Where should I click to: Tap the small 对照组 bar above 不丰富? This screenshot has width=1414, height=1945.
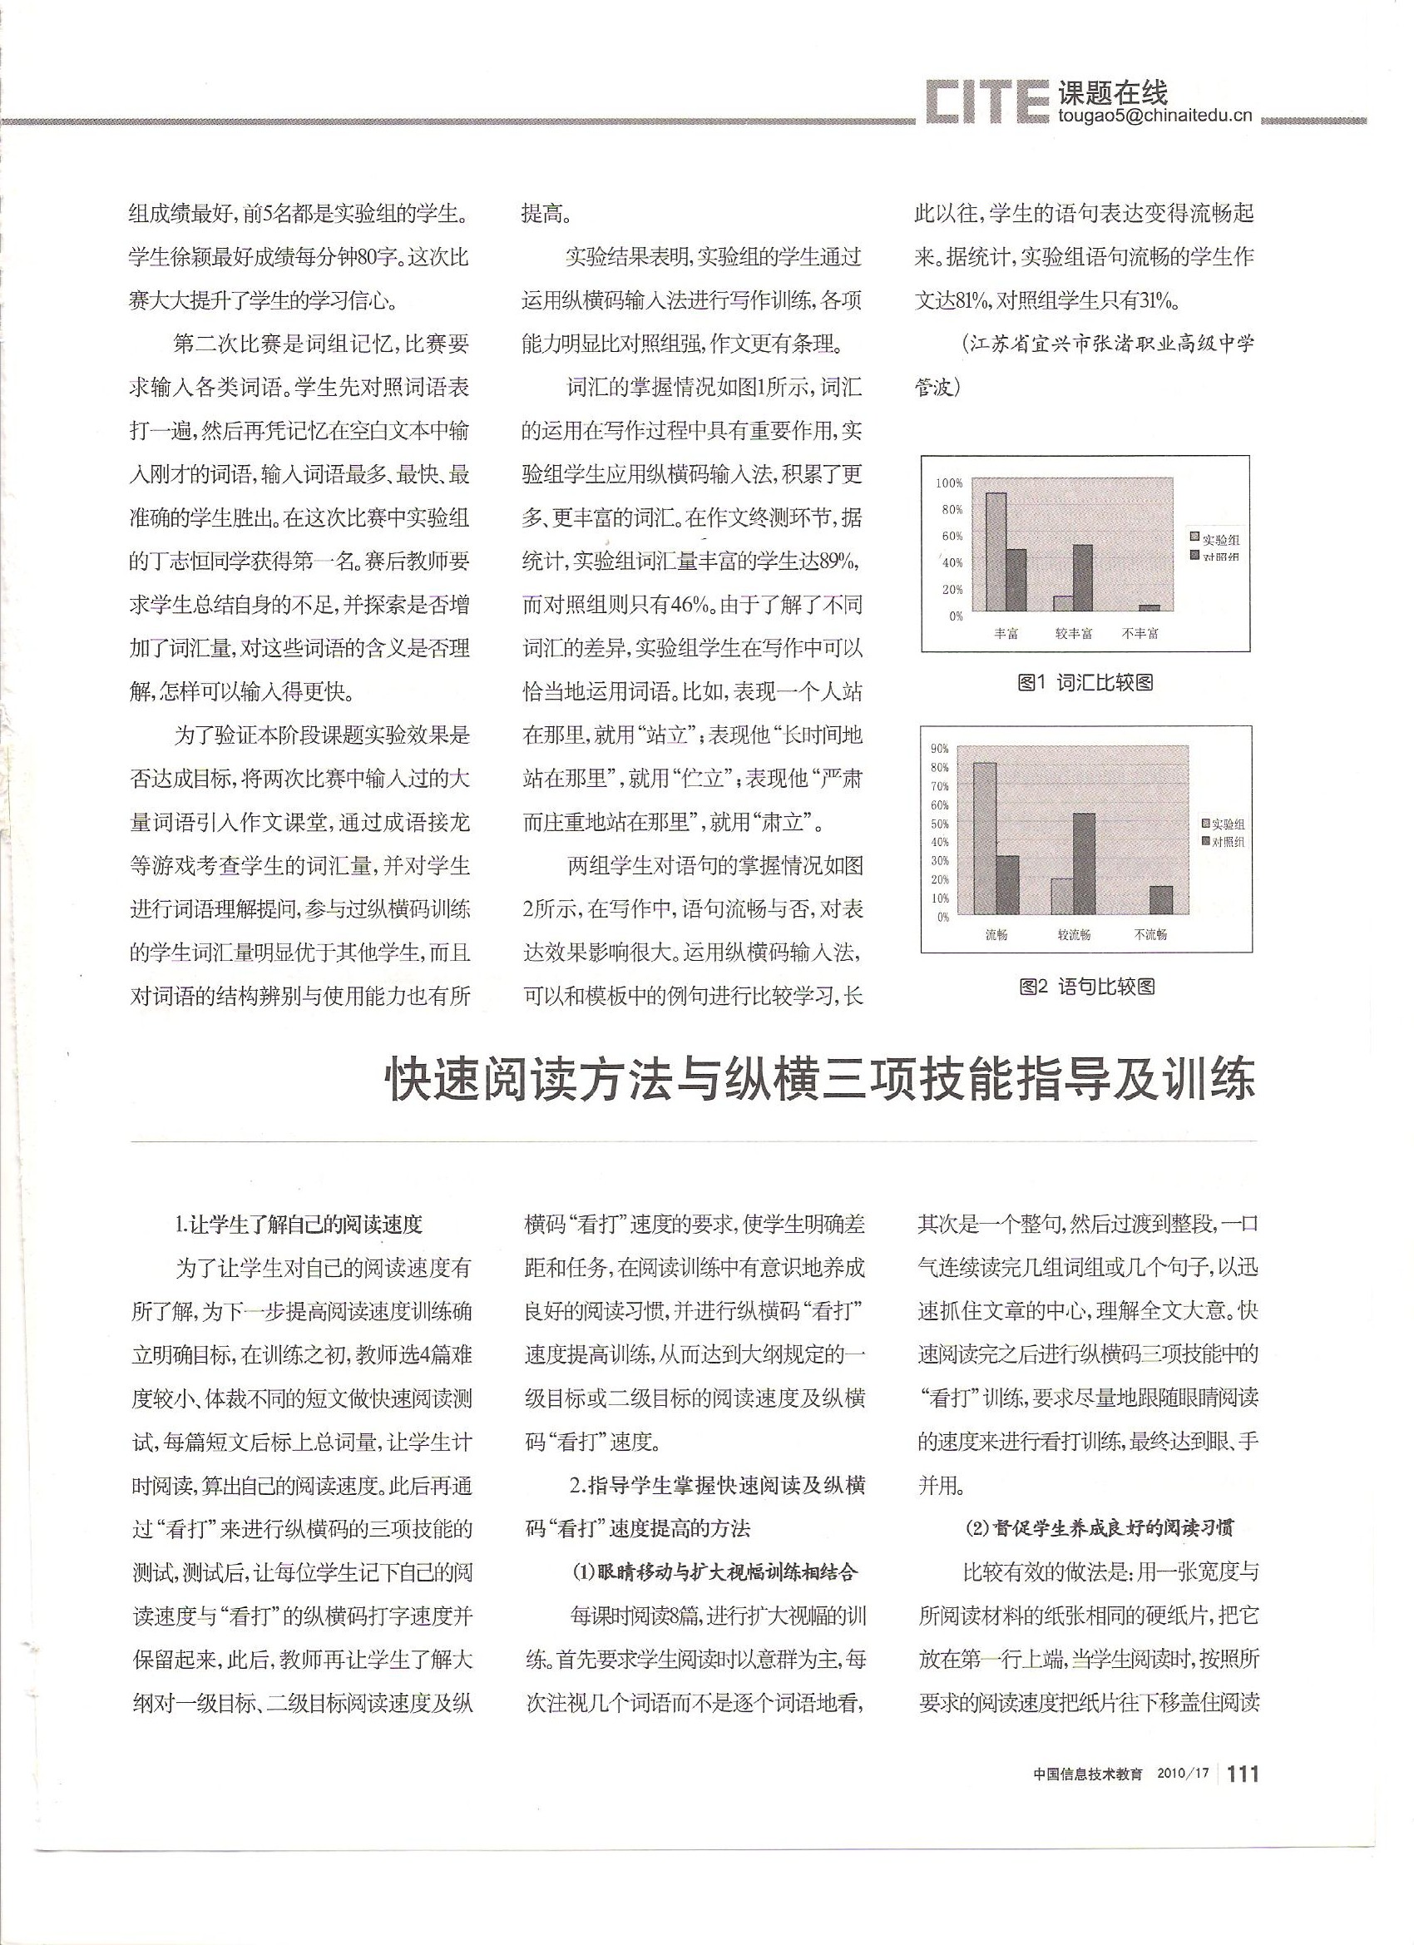(x=1149, y=607)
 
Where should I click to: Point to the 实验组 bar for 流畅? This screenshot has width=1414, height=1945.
(x=985, y=838)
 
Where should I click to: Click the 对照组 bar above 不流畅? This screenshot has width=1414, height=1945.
(x=1161, y=899)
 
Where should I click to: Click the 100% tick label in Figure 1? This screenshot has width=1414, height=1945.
(x=949, y=483)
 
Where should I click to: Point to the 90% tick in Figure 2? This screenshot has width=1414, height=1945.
(x=939, y=749)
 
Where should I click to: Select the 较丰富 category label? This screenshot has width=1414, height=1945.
(x=1074, y=634)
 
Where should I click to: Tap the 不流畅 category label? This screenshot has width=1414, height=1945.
(x=1149, y=935)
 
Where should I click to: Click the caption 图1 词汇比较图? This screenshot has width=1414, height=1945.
(x=1084, y=683)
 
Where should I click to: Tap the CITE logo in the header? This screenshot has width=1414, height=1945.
(x=986, y=104)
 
